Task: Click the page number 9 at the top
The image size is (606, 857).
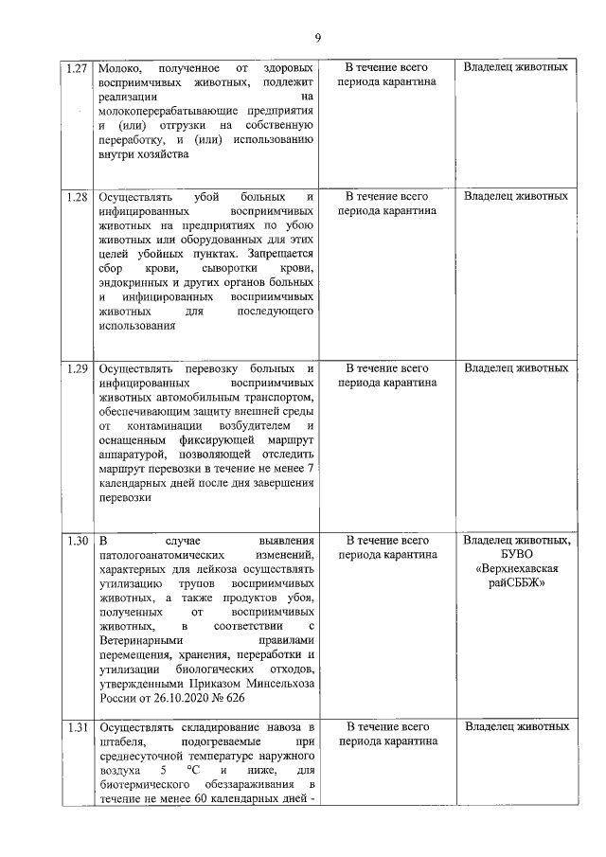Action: point(318,37)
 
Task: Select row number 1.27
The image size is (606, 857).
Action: point(78,68)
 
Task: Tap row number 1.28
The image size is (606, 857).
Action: point(78,197)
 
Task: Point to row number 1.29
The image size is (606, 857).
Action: point(78,367)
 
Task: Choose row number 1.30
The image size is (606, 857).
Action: point(78,541)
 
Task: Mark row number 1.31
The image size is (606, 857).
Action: point(78,727)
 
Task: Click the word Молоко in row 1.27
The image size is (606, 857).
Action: point(120,68)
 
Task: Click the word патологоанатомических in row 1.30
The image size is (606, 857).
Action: point(161,557)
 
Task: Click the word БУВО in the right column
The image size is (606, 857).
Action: point(517,555)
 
